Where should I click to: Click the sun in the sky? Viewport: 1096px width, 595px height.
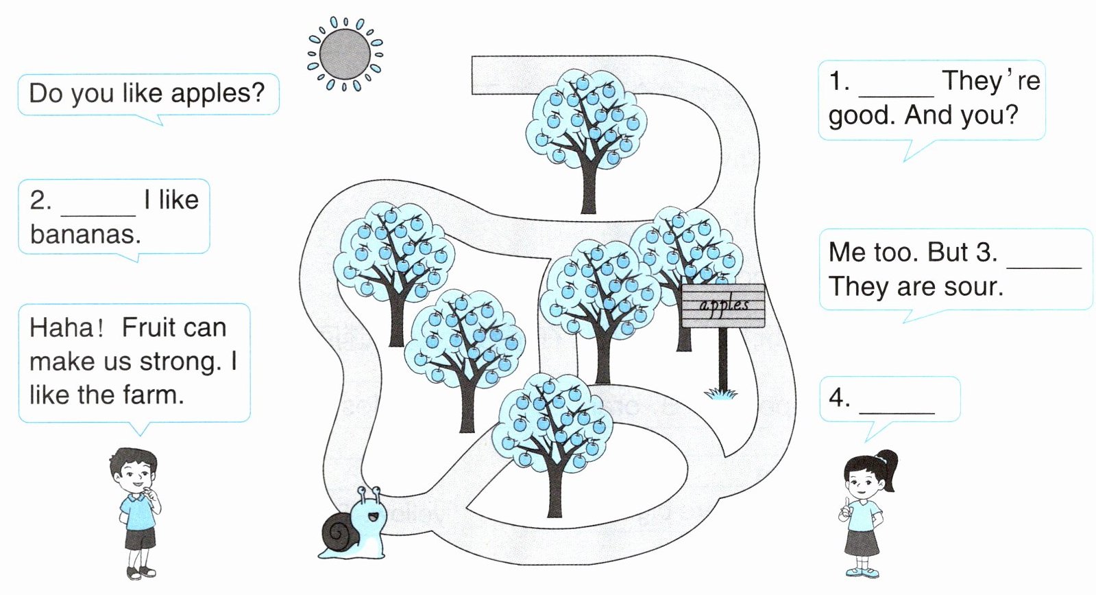[x=345, y=54]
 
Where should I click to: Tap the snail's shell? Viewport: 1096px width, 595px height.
[x=339, y=533]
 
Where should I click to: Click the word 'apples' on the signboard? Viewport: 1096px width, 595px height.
[x=724, y=304]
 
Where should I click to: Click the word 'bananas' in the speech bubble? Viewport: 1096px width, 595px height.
[x=85, y=235]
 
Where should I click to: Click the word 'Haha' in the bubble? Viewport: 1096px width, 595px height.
[x=61, y=327]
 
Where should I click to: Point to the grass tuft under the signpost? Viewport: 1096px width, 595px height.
[x=721, y=393]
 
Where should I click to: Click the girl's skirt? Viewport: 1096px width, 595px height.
[x=862, y=541]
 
